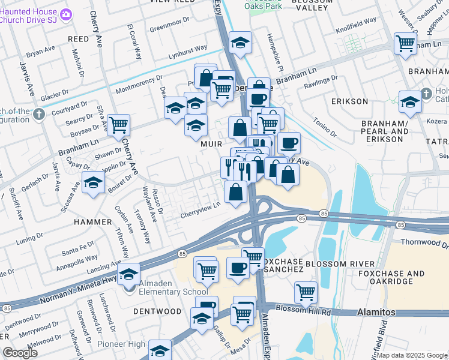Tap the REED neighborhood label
(78, 38)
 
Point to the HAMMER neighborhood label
(92, 222)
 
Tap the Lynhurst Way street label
(187, 48)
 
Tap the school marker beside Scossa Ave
(94, 182)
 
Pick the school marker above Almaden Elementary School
(128, 274)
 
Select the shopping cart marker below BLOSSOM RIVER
(306, 293)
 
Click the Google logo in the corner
(20, 353)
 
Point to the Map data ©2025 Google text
(412, 355)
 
